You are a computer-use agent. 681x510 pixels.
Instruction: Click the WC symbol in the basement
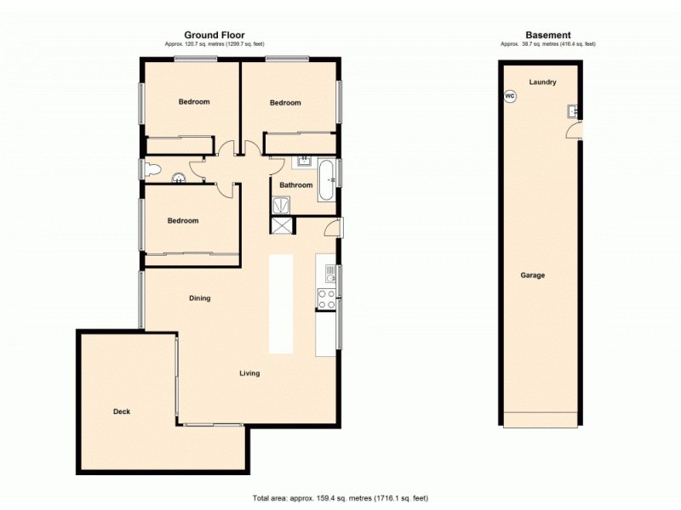pyautogui.click(x=510, y=96)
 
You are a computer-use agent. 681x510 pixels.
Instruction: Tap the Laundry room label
pyautogui.click(x=542, y=82)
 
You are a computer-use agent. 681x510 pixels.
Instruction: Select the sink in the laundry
pyautogui.click(x=575, y=110)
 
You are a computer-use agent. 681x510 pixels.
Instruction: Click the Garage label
pyautogui.click(x=533, y=275)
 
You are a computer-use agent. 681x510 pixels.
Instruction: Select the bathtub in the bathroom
pyautogui.click(x=327, y=180)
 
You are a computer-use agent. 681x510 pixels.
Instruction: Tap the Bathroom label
pyautogui.click(x=295, y=184)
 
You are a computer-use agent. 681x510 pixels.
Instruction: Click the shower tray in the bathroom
pyautogui.click(x=279, y=204)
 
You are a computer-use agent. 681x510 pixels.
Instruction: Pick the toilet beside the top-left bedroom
pyautogui.click(x=152, y=170)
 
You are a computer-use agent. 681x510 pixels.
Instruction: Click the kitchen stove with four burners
pyautogui.click(x=326, y=299)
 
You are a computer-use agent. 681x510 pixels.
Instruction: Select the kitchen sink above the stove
pyautogui.click(x=326, y=273)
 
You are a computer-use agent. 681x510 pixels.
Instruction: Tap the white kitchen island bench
pyautogui.click(x=281, y=303)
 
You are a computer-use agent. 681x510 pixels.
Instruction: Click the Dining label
pyautogui.click(x=199, y=298)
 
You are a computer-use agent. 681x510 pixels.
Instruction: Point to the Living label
pyautogui.click(x=249, y=373)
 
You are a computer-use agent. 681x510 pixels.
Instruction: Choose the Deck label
pyautogui.click(x=122, y=411)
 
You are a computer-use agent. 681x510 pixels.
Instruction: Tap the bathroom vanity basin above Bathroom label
pyautogui.click(x=304, y=161)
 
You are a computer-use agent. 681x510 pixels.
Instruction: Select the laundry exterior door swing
pyautogui.click(x=575, y=130)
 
